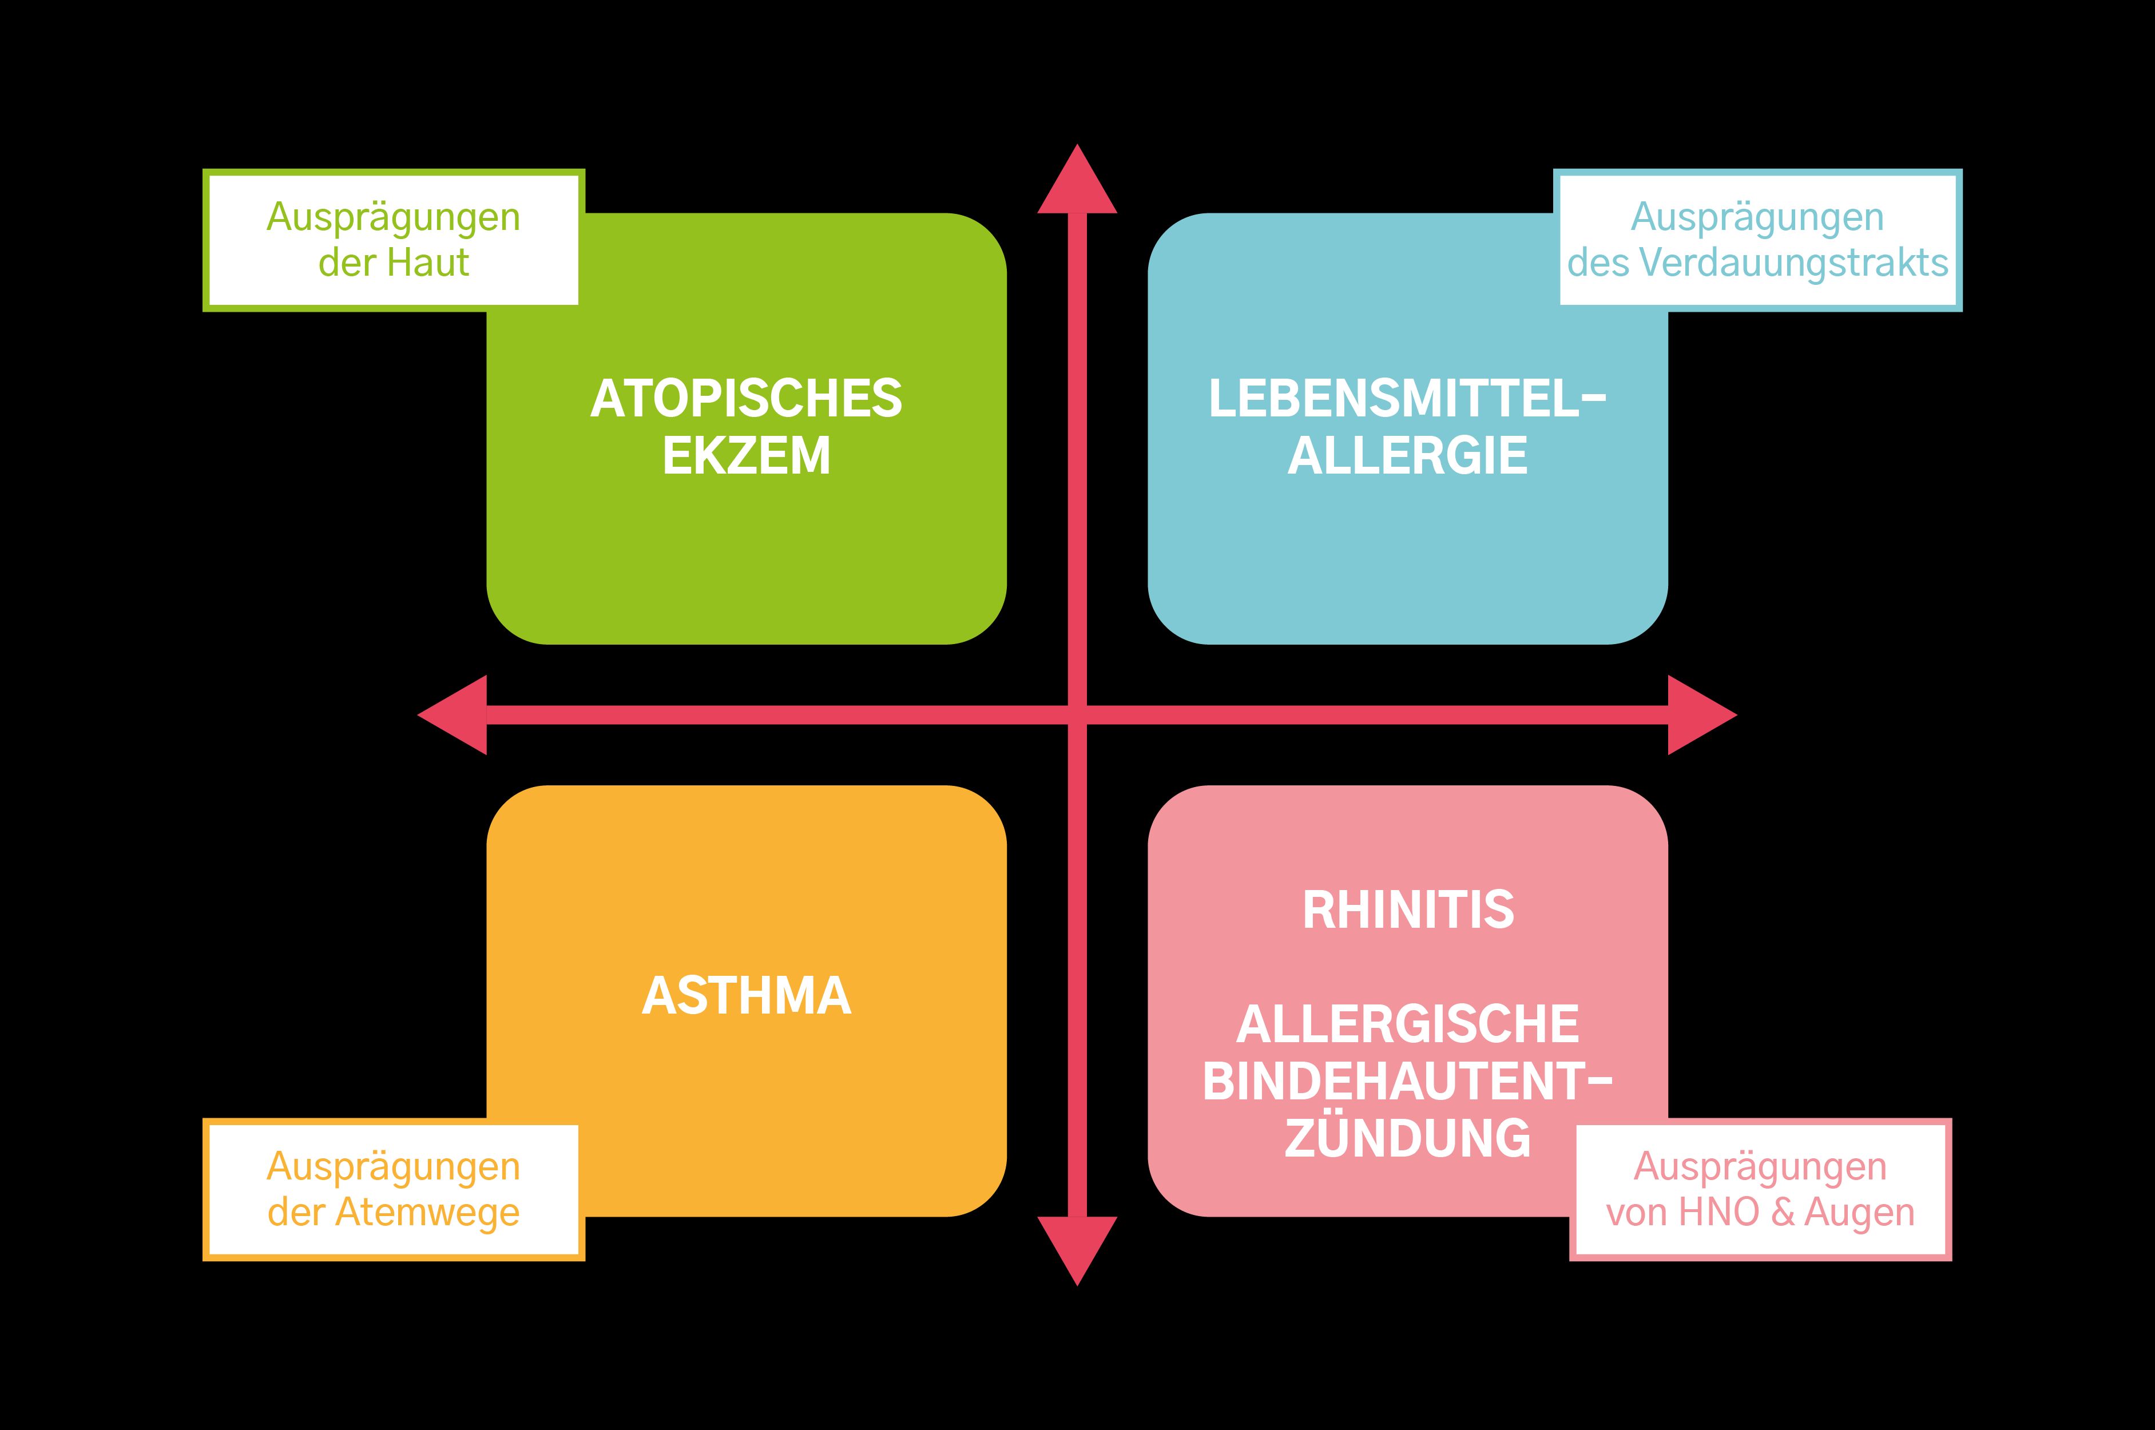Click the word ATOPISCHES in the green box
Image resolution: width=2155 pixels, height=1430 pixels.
pyautogui.click(x=746, y=399)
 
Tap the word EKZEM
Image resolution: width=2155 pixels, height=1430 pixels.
pyautogui.click(x=746, y=456)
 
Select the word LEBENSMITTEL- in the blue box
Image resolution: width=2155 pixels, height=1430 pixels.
pyautogui.click(x=1407, y=399)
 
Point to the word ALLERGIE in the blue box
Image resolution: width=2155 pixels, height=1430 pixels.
pyautogui.click(x=1407, y=456)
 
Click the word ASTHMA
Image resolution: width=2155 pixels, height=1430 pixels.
pyautogui.click(x=746, y=996)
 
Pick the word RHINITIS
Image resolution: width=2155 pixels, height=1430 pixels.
pyautogui.click(x=1408, y=910)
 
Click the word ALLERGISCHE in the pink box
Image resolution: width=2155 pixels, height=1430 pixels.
pyautogui.click(x=1407, y=1024)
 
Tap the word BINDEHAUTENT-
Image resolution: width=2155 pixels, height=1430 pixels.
pyautogui.click(x=1407, y=1082)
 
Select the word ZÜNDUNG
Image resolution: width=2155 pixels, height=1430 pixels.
pyautogui.click(x=1407, y=1138)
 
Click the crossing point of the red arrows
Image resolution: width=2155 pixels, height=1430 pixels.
pyautogui.click(x=1077, y=715)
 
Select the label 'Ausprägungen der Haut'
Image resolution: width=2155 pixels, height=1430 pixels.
pyautogui.click(x=393, y=240)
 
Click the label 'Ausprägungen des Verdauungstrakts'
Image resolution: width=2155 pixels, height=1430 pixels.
pyautogui.click(x=1757, y=240)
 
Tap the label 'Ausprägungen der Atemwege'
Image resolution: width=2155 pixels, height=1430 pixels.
pyautogui.click(x=393, y=1189)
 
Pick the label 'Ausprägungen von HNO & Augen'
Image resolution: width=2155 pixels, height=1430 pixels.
pyautogui.click(x=1760, y=1189)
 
